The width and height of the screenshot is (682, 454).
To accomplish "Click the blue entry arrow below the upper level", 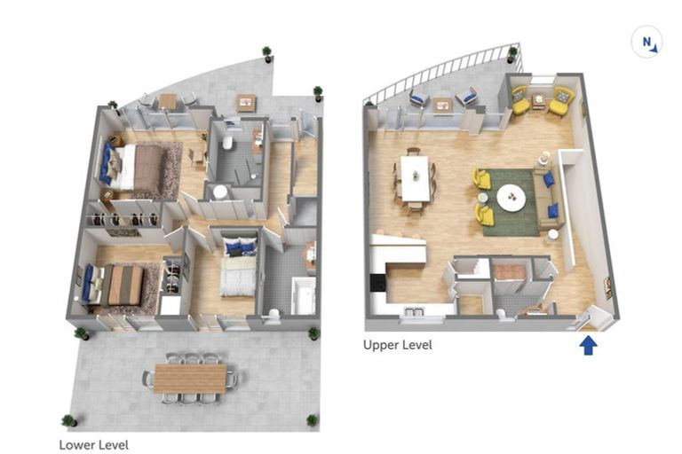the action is (x=588, y=346).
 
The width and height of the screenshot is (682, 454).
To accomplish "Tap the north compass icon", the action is (x=646, y=43).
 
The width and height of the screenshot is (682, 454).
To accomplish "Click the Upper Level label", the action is (x=398, y=346).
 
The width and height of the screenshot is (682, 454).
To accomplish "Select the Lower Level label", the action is (x=93, y=445).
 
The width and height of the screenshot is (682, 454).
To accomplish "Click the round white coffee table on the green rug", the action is (x=511, y=198).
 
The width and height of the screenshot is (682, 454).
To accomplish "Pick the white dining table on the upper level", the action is (x=415, y=178).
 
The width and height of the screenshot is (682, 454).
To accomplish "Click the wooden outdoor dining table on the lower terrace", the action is (x=190, y=379).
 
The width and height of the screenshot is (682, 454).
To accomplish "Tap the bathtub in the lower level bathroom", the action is (x=303, y=295).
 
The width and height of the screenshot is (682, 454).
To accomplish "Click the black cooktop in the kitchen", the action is (x=378, y=283).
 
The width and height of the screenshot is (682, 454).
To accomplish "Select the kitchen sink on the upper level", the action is (x=415, y=312).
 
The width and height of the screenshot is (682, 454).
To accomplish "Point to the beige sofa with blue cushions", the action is (x=548, y=198).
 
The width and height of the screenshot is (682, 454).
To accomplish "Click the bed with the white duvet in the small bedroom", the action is (x=237, y=266).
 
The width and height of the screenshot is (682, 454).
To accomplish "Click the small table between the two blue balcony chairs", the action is (x=442, y=106).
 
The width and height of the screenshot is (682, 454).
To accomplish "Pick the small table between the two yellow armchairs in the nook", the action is (x=539, y=100).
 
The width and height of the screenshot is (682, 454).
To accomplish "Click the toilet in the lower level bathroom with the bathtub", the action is (x=274, y=317).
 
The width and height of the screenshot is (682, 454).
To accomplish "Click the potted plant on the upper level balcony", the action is (x=512, y=54).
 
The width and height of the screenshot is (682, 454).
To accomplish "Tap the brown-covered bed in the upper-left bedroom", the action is (x=136, y=168).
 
